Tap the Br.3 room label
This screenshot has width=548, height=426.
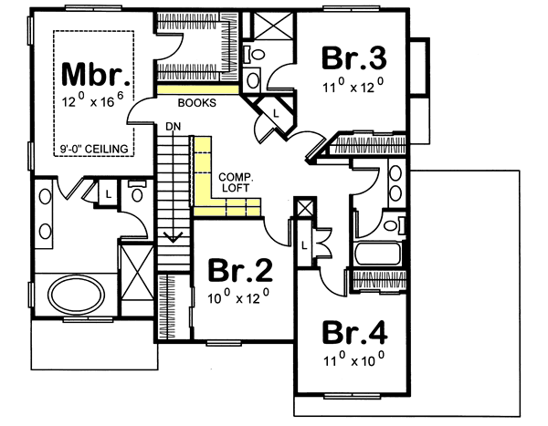(354, 57)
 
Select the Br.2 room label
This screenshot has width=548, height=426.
(240, 271)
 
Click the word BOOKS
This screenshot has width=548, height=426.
(196, 104)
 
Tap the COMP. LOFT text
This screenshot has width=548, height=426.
(234, 182)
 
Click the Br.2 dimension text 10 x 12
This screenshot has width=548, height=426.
(240, 297)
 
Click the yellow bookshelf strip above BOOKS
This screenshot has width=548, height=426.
(196, 90)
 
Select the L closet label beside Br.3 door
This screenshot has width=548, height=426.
(277, 112)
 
